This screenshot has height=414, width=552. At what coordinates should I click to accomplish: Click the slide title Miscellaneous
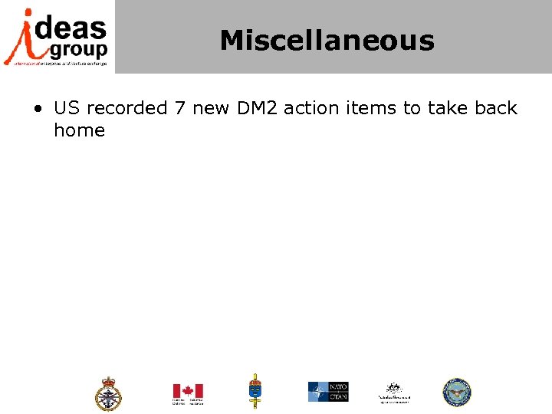(327, 41)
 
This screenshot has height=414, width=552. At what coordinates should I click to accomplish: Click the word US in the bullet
(66, 108)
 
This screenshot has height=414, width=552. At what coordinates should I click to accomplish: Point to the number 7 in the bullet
(179, 108)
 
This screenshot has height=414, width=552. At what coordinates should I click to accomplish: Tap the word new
(210, 108)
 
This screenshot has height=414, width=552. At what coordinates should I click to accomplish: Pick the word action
(310, 108)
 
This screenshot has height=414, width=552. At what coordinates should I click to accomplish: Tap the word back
(496, 108)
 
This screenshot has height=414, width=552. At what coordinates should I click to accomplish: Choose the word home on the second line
(79, 130)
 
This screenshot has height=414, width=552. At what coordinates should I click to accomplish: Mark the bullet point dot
(38, 109)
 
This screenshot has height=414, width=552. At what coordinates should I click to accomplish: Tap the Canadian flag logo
(187, 392)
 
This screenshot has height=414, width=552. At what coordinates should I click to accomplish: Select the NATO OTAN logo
(328, 392)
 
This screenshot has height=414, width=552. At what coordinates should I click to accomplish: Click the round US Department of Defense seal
(456, 392)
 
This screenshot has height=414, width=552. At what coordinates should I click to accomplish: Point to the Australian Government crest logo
(394, 392)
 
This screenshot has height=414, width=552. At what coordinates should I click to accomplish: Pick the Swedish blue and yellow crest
(255, 391)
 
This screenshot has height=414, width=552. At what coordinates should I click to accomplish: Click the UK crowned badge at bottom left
(108, 393)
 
